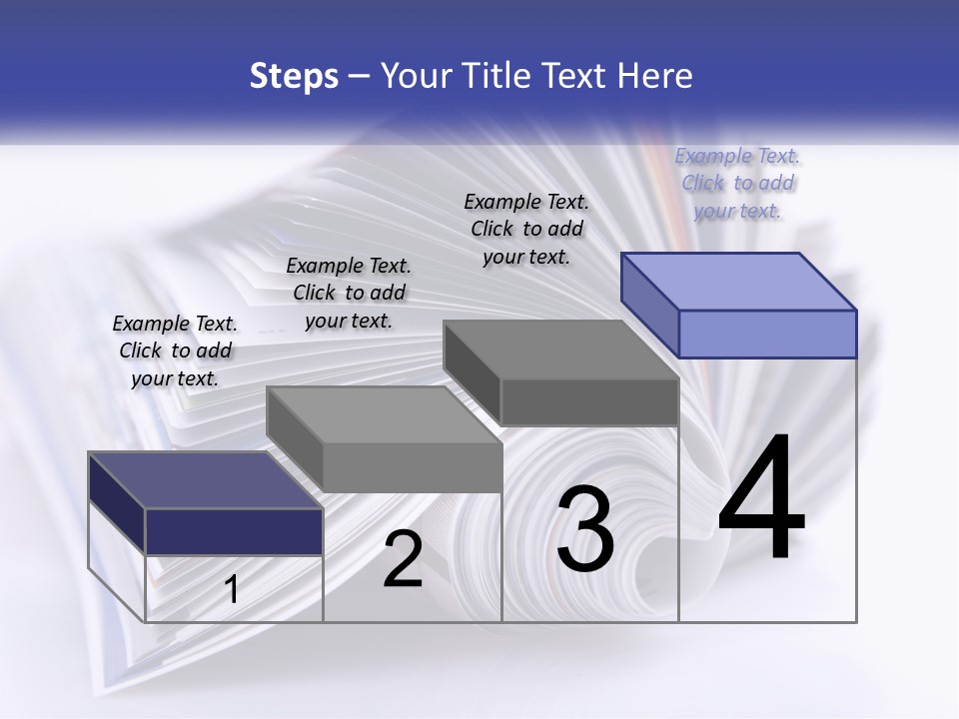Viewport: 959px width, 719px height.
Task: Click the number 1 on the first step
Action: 232,590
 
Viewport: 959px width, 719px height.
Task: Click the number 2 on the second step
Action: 403,560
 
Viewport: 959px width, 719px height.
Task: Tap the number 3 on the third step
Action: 585,529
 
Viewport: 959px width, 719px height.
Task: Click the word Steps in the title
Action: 294,76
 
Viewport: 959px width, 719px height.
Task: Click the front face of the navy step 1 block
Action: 234,531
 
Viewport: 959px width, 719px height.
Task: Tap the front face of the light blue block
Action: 767,334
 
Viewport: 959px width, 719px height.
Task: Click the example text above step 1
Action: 176,351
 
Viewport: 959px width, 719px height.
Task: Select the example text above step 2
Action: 349,293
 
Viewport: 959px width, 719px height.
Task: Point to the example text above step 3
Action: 526,229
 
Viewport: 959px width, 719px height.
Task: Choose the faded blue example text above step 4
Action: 738,183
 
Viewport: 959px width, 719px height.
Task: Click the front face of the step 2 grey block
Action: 412,467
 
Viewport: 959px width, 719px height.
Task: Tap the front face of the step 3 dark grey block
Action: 589,401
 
